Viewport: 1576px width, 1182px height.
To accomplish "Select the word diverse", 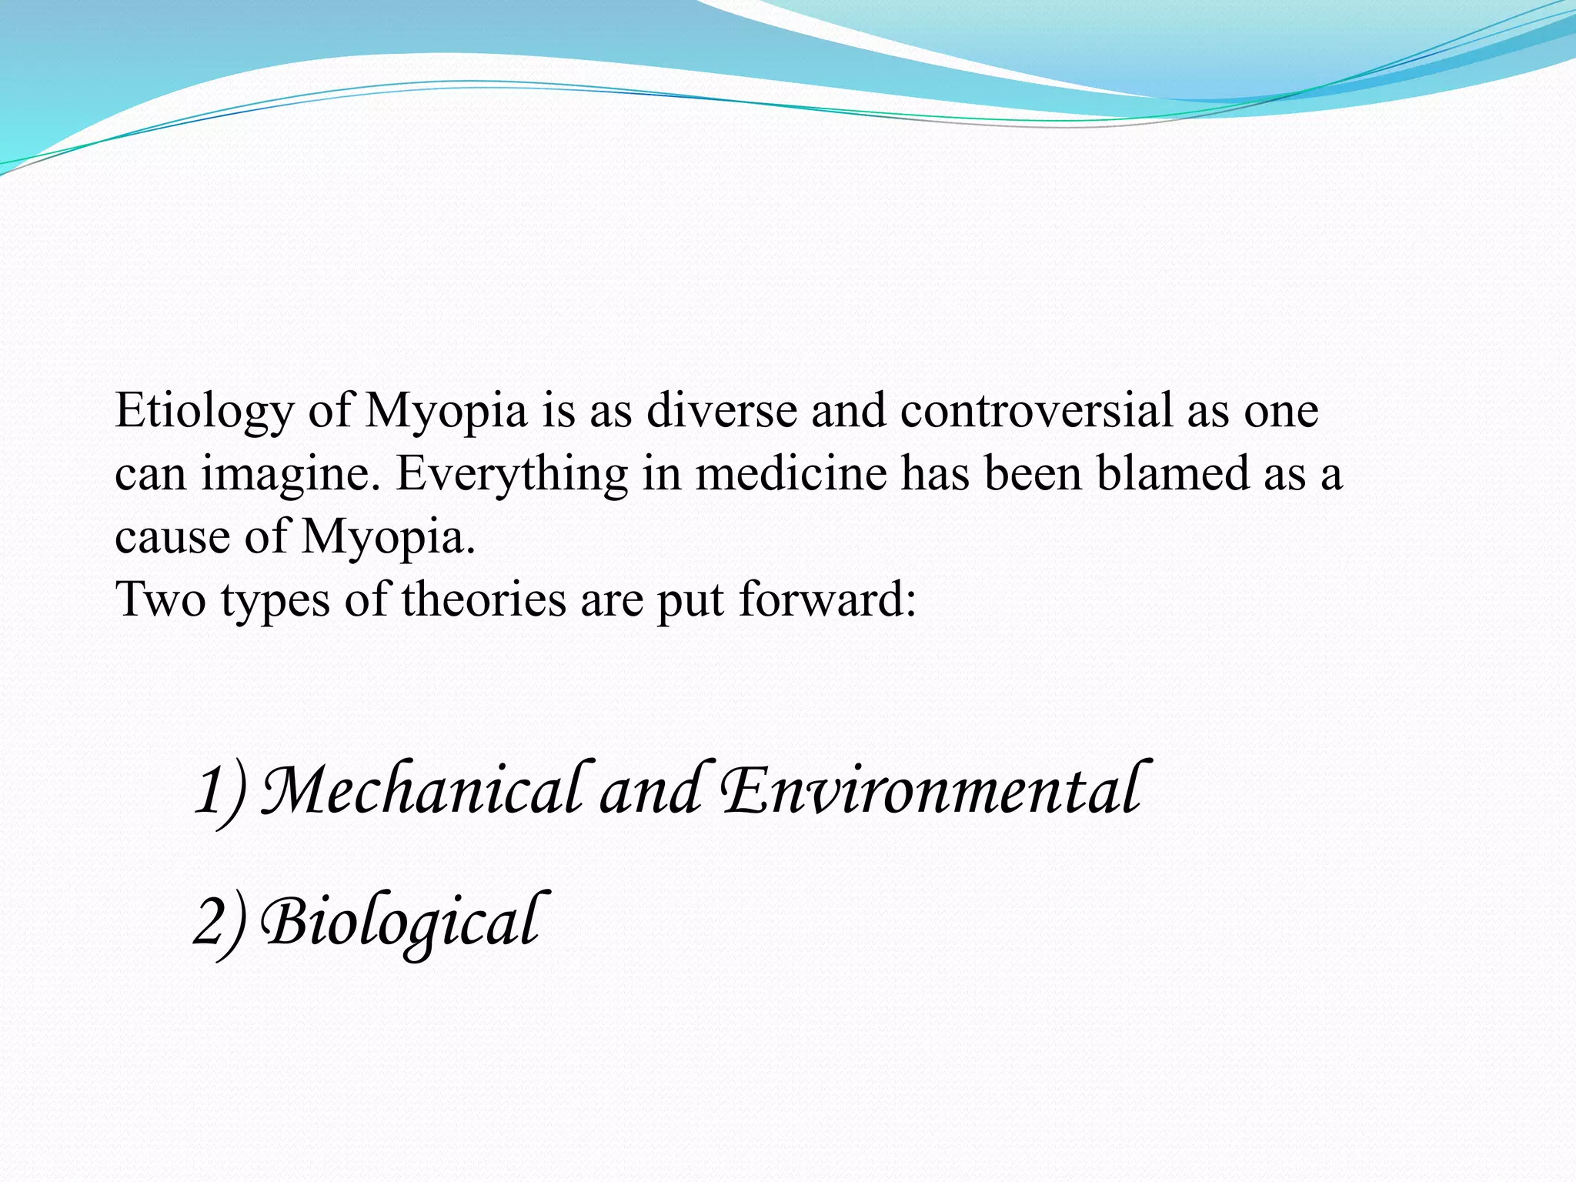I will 721,410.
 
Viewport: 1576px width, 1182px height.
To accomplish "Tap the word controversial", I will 1036,410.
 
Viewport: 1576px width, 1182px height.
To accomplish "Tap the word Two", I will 161,599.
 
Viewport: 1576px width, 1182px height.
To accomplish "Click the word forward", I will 827,599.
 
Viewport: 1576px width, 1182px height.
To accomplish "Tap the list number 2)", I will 220,923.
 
